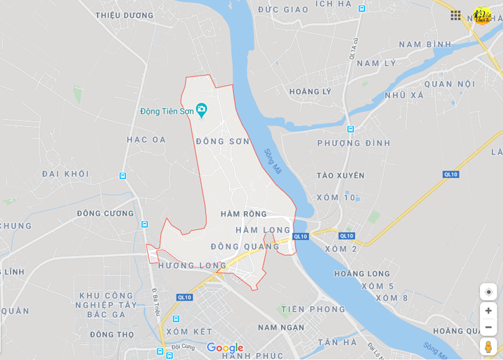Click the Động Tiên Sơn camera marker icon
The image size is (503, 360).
point(201,110)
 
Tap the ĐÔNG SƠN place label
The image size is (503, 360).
point(223,142)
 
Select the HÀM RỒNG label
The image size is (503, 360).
point(243,214)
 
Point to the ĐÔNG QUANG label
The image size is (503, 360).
point(245,246)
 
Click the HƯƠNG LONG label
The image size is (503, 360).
point(193,266)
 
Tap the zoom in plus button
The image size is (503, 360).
point(488,311)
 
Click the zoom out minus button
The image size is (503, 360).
point(488,327)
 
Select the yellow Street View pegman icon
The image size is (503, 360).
point(488,347)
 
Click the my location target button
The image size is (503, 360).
point(488,292)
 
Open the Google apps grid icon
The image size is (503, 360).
point(456,16)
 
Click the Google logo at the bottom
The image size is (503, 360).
point(225,348)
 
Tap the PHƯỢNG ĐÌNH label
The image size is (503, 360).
point(354,143)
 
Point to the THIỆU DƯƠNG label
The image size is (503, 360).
point(125,16)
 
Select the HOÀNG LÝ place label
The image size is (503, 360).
point(310,92)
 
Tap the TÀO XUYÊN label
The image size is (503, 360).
point(340,176)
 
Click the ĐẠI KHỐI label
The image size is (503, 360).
point(66,174)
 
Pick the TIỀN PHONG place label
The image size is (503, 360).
point(313,309)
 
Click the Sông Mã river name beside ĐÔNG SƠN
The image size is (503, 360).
point(273,161)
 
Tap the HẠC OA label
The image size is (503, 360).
point(147,140)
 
